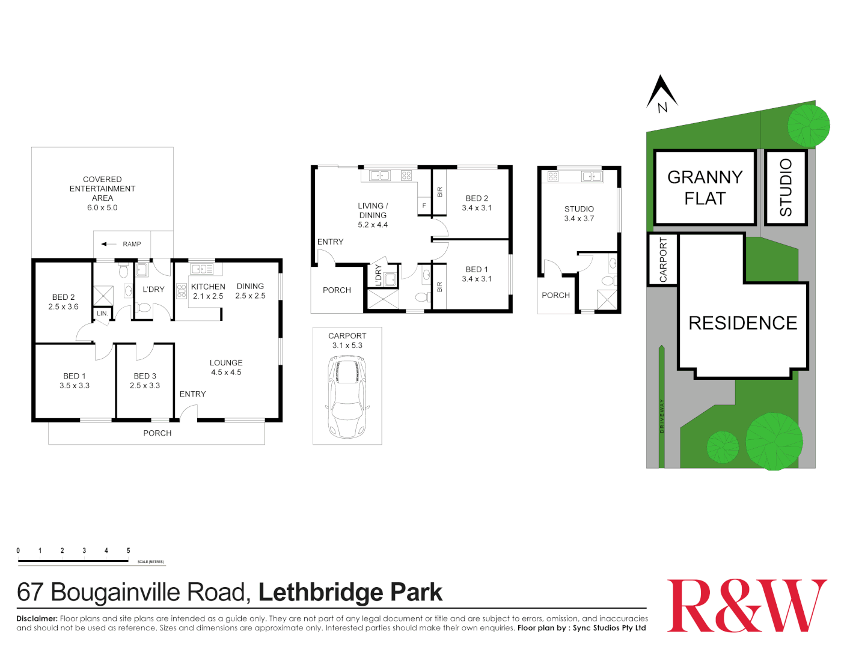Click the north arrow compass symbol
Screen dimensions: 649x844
tap(662, 94)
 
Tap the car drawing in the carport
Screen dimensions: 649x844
tap(347, 397)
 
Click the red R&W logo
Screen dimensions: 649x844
tap(747, 605)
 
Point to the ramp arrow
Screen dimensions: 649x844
tap(109, 244)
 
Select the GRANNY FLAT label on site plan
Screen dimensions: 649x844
tap(705, 187)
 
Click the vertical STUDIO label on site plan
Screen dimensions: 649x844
tap(786, 187)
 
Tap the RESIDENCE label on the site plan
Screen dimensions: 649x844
tap(742, 323)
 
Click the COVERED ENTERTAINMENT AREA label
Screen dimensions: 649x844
tap(102, 193)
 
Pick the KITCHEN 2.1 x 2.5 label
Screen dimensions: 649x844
tap(208, 291)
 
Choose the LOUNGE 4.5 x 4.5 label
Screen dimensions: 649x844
tap(226, 367)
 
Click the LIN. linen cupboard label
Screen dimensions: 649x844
tap(102, 314)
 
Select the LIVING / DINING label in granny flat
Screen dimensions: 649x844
tap(373, 215)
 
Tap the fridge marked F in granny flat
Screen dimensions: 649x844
tap(424, 206)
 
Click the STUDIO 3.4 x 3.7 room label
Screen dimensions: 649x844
tap(579, 213)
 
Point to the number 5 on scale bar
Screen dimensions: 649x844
tap(128, 550)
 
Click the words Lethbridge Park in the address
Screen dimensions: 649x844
tap(350, 593)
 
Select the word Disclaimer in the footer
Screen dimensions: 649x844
tap(37, 618)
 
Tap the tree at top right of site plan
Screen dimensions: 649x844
tap(809, 125)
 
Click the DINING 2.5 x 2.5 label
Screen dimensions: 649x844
tap(250, 291)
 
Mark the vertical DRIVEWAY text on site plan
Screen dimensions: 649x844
tap(662, 416)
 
